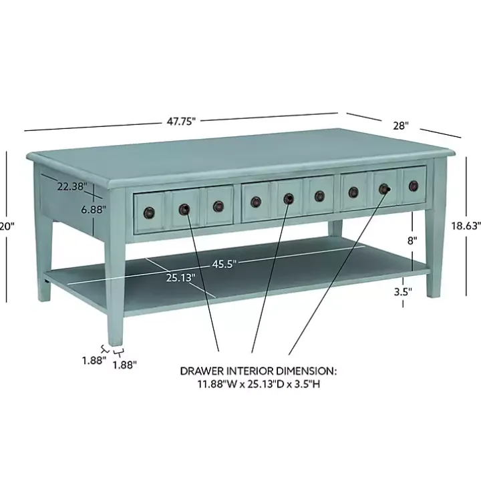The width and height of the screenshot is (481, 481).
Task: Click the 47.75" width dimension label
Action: coord(181,121)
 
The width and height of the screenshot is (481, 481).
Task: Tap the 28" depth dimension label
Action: coord(400,125)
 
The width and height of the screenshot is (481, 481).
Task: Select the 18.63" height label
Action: coord(466,226)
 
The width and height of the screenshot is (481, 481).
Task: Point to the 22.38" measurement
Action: coord(71,187)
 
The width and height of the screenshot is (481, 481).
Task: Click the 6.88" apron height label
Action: coord(93,209)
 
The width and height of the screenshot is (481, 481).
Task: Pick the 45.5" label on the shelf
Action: coord(224,263)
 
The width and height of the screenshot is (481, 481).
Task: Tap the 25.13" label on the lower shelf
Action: coord(180,277)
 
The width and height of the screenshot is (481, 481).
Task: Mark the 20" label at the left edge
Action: coord(7,226)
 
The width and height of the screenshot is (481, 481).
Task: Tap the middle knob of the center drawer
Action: coord(289,198)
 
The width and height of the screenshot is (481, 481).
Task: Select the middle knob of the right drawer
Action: coord(384,189)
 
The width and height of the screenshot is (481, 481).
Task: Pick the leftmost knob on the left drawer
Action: coord(148,212)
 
